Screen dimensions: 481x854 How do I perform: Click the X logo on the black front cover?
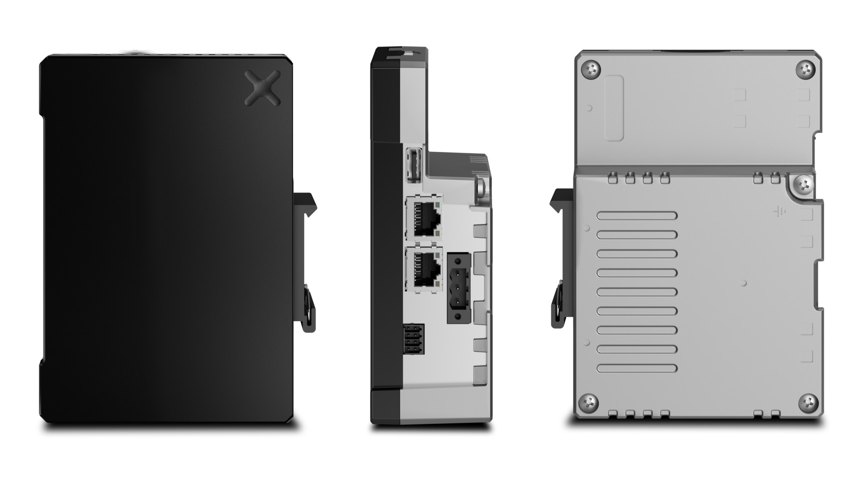point(262,88)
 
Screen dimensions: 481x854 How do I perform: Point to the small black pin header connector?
point(413,339)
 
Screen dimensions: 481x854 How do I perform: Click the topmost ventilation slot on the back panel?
point(637,216)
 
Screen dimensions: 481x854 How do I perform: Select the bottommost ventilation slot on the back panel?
point(637,368)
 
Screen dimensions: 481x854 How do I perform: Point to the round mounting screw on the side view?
point(481,187)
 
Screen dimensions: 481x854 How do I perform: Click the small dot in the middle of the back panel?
point(744,283)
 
